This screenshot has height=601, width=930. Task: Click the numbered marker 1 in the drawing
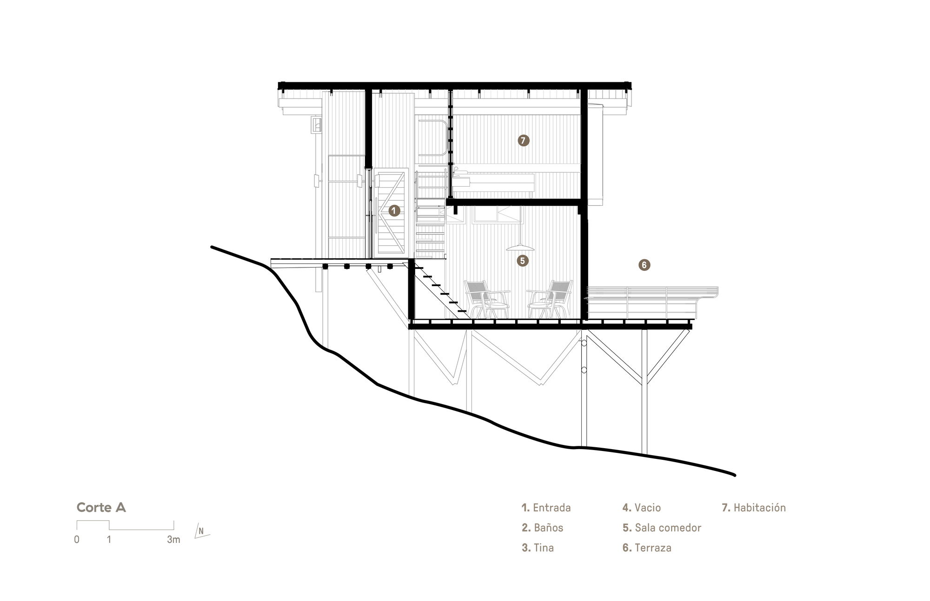394,211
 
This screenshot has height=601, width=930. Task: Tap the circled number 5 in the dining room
522,261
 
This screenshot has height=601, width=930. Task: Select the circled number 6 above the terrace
644,265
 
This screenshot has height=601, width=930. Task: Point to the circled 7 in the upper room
523,140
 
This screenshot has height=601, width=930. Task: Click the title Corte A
101,507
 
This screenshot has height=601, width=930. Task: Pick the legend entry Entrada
546,508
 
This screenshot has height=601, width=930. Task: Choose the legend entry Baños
543,528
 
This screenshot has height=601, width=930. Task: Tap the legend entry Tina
538,548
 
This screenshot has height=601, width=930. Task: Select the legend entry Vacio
642,508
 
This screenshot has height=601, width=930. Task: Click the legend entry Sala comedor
662,528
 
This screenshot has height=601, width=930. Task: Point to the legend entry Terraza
647,548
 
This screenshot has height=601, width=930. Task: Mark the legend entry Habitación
754,508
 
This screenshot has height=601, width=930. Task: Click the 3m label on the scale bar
173,540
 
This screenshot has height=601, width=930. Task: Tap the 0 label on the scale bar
77,540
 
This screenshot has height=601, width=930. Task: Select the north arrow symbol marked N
201,530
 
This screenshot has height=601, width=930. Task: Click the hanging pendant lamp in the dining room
520,247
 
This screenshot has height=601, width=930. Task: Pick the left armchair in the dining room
486,299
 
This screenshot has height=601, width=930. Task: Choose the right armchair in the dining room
551,299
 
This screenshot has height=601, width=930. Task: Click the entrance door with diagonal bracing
391,213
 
